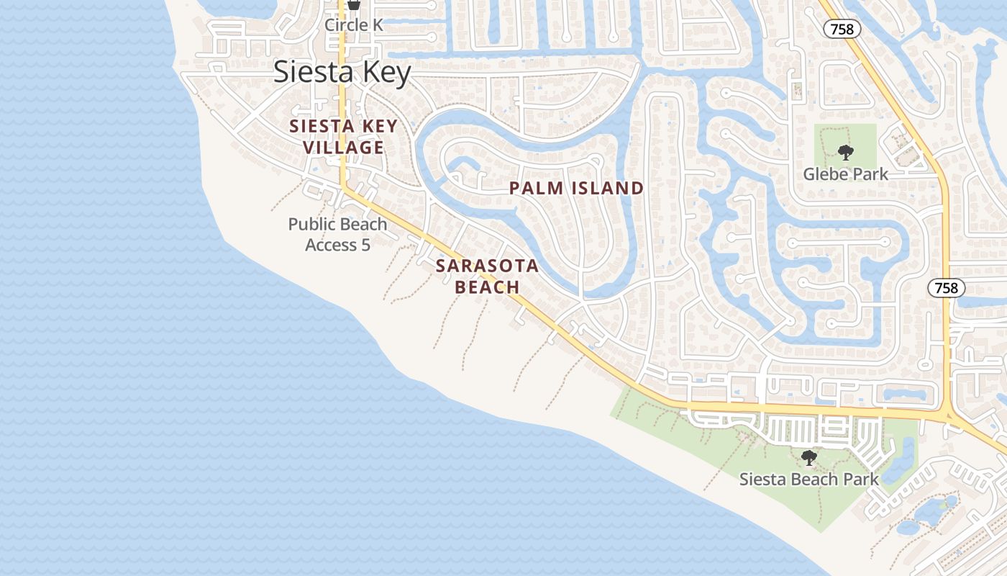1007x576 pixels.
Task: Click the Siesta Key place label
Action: [342, 73]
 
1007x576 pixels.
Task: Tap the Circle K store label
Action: [353, 24]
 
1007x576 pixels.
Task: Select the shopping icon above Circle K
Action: [353, 5]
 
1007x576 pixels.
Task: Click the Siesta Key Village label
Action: [343, 137]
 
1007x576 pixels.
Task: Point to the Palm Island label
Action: [576, 189]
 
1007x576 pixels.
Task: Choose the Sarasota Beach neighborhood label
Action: [487, 276]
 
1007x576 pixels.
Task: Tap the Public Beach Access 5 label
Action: [337, 234]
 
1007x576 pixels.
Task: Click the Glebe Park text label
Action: [845, 174]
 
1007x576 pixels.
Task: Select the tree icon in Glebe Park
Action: [845, 152]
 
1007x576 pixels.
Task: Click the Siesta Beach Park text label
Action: [808, 480]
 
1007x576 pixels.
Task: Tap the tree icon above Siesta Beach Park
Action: [809, 457]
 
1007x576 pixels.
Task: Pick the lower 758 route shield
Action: [946, 288]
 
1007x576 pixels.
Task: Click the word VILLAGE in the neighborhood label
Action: [343, 148]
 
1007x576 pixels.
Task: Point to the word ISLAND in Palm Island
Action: [608, 189]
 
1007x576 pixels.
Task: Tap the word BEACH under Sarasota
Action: [487, 287]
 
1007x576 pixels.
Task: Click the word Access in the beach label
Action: [332, 245]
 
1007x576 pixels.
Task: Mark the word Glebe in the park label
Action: [824, 174]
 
